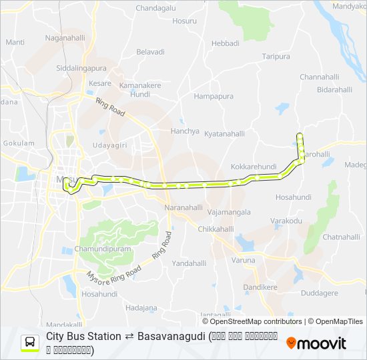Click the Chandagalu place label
point(155,7)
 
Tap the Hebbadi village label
point(225,43)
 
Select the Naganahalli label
point(65,38)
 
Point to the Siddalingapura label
point(81,68)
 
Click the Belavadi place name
point(150,51)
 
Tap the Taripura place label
point(276,57)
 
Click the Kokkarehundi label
point(253,166)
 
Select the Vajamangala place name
point(229,212)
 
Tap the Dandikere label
point(260,287)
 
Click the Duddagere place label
point(319,292)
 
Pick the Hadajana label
point(141,307)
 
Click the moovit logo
point(316,343)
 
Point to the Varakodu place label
point(286,221)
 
